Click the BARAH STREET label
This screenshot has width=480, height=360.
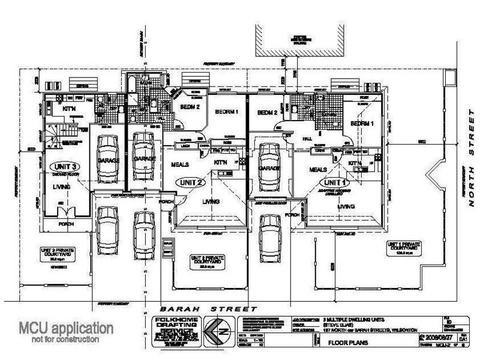(196, 308)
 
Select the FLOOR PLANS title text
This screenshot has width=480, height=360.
(348, 344)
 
